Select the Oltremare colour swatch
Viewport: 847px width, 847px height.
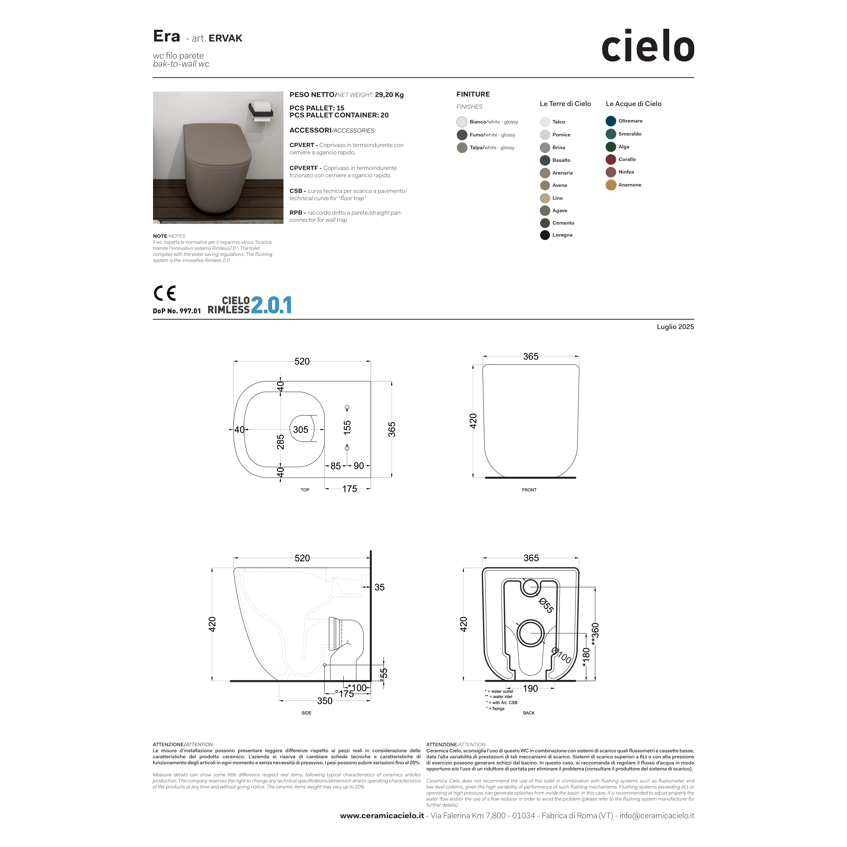click(611, 121)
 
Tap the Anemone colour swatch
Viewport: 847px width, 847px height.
click(611, 185)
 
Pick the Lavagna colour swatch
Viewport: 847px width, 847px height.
click(545, 235)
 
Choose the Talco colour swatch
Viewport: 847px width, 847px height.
click(545, 122)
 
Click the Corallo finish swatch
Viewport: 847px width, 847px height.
click(611, 160)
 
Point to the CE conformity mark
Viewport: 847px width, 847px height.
click(164, 293)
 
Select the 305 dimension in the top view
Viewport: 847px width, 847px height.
click(301, 430)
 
